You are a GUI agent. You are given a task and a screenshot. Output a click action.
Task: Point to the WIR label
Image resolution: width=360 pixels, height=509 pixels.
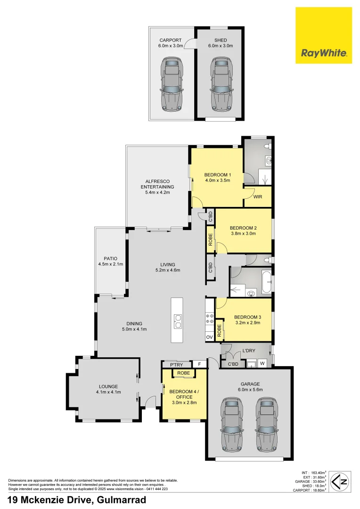click(x=257, y=197)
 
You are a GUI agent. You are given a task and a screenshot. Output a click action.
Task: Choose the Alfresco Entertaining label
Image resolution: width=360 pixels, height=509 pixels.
click(x=157, y=187)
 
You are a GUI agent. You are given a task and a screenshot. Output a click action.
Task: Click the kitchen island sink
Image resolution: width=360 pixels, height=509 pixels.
click(x=178, y=320)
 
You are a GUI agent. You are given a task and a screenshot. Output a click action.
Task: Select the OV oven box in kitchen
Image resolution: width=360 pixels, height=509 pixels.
click(x=209, y=337)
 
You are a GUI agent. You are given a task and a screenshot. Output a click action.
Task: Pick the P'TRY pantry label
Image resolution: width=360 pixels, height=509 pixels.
click(x=176, y=364)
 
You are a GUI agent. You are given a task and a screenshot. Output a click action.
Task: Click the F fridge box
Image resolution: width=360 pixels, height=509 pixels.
click(x=199, y=364)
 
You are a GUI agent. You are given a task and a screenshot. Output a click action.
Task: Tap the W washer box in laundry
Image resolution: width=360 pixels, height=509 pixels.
click(x=262, y=363)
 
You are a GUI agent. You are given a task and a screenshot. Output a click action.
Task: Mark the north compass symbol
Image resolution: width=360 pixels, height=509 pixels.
click(x=340, y=481)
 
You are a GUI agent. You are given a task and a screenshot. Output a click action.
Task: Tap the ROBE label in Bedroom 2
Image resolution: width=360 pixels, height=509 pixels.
click(x=210, y=240)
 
